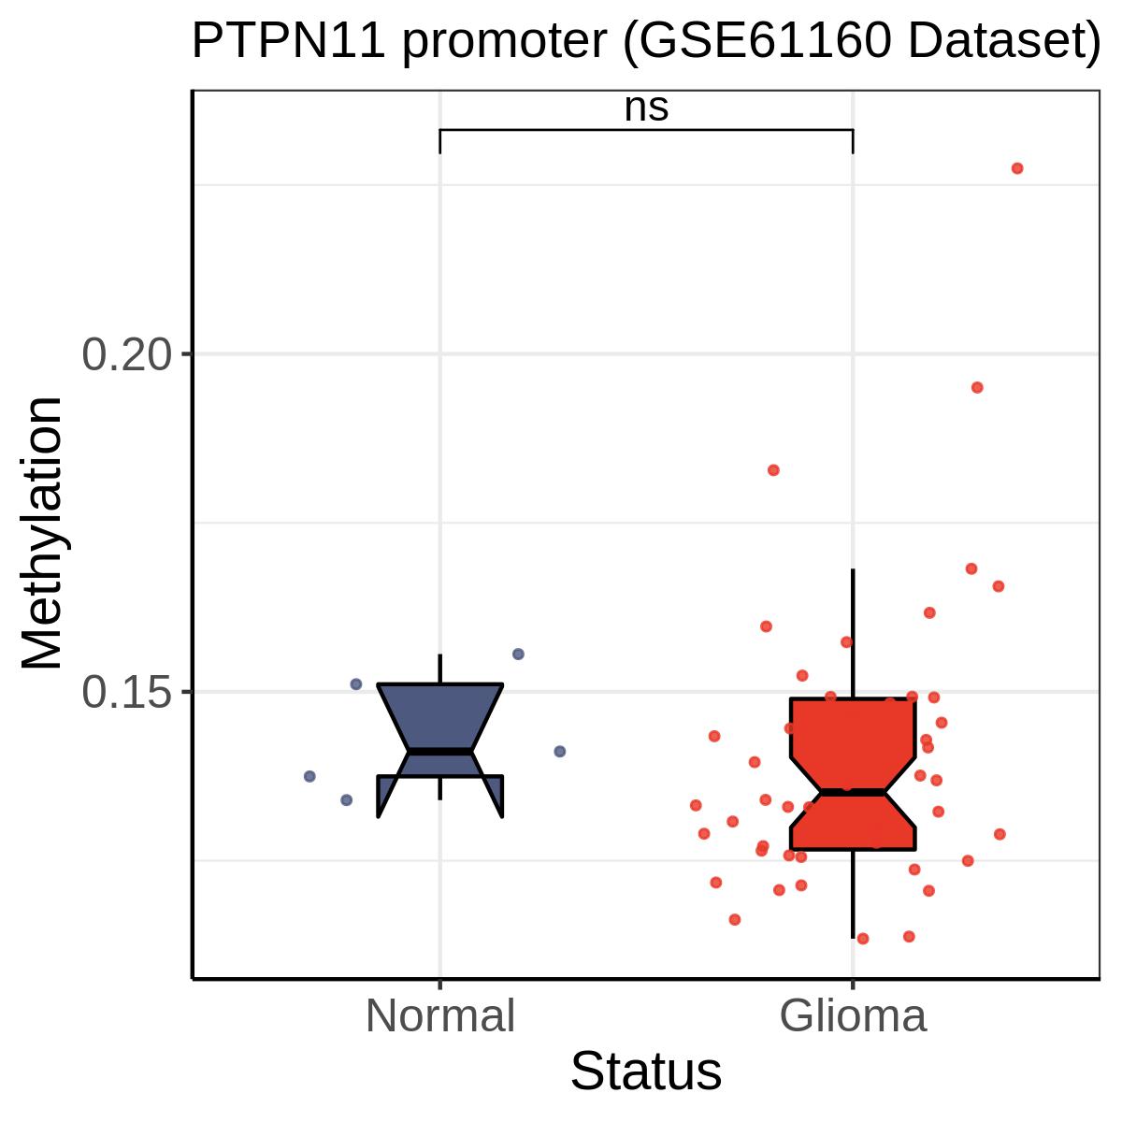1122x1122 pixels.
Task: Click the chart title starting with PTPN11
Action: [x=646, y=42]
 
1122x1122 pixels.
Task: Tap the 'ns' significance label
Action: [x=646, y=108]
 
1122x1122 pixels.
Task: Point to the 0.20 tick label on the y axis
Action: [x=127, y=354]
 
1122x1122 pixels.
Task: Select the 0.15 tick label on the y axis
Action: [x=127, y=692]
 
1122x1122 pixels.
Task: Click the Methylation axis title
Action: [x=41, y=533]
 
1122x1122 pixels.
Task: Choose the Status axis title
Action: [x=646, y=1071]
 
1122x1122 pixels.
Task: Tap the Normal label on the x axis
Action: [x=440, y=1016]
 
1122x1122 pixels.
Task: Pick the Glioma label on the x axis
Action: [x=853, y=1016]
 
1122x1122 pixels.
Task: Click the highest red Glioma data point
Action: [x=1017, y=168]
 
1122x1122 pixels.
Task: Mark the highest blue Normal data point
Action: [x=518, y=654]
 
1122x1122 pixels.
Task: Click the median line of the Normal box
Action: [x=440, y=752]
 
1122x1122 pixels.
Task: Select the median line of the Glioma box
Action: [x=853, y=793]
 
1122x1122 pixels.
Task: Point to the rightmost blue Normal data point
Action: [x=559, y=751]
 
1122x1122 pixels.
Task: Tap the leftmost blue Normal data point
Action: [x=309, y=776]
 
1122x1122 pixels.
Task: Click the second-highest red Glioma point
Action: [x=977, y=387]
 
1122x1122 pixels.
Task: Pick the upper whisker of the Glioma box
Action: [x=853, y=634]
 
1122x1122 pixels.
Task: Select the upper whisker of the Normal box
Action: [x=440, y=669]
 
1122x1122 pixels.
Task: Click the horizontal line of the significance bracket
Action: [x=646, y=130]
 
